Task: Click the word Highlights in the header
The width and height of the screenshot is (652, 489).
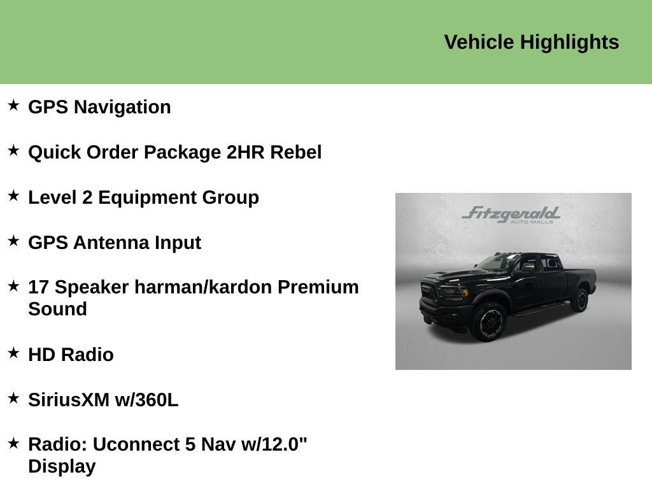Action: [569, 43]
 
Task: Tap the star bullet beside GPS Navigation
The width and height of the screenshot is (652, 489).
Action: [13, 105]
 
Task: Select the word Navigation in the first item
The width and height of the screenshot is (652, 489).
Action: [122, 107]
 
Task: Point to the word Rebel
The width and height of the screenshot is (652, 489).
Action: [295, 152]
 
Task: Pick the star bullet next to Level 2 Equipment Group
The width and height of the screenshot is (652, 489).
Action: [13, 195]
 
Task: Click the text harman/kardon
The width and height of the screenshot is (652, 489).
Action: [203, 287]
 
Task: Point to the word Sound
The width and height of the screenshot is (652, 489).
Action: [57, 309]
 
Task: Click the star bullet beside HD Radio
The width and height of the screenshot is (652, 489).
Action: [13, 353]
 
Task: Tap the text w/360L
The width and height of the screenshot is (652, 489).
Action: [146, 400]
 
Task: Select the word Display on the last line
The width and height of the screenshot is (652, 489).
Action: [62, 467]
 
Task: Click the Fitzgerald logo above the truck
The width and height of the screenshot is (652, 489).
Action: [511, 215]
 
